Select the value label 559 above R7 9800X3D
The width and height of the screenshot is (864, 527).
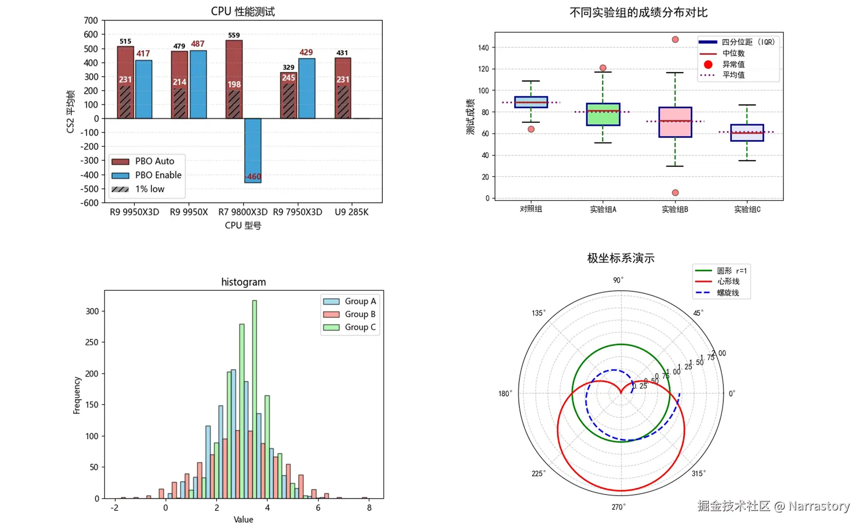coord(234,35)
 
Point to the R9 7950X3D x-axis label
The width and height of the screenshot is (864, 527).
coord(297,212)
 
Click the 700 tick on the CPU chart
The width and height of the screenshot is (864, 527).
coord(91,20)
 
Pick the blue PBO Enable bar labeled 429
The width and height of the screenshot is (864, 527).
coord(307,88)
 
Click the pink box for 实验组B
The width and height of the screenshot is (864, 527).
coord(675,122)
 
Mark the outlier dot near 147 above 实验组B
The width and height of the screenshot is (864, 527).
coord(675,40)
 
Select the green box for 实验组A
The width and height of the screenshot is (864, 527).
coord(603,114)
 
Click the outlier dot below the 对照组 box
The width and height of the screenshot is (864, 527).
coord(531,129)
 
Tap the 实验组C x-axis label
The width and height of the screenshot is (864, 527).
coord(747,209)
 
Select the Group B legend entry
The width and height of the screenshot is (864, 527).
coord(350,314)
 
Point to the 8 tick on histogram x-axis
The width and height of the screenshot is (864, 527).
coord(369,507)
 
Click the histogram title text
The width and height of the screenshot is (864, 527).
coord(244,282)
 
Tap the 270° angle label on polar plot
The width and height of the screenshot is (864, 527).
coord(618,507)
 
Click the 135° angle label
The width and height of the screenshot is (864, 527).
coord(538,313)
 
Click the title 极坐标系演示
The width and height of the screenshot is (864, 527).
coord(620,258)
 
